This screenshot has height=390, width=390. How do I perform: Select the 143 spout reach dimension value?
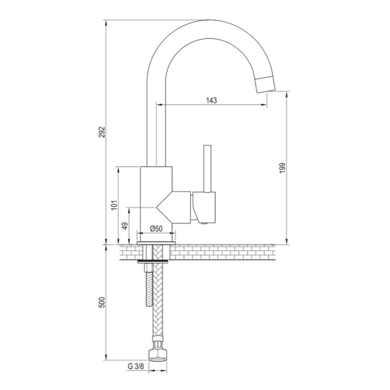point(211,100)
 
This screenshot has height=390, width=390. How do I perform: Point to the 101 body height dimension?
point(114,204)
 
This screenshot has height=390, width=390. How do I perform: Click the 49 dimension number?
point(125,225)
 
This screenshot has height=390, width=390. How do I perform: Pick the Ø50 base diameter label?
point(157,228)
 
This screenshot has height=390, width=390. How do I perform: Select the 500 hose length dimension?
point(102,302)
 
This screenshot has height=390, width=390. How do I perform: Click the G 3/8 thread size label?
point(135,368)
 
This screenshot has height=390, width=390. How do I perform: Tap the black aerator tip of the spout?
point(265,83)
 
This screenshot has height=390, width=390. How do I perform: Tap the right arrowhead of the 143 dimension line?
point(265,105)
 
